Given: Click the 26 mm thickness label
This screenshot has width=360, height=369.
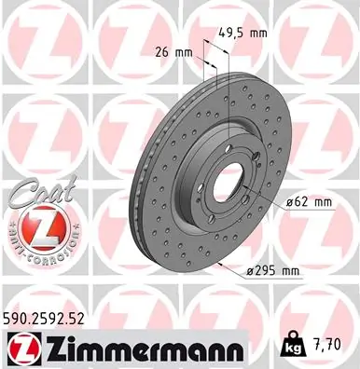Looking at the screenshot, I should (172, 51).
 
